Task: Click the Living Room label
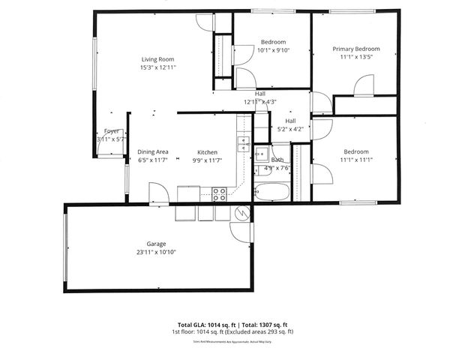[x=157, y=59]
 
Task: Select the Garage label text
[x=156, y=244]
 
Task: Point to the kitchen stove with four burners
[x=220, y=193]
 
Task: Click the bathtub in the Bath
[x=270, y=192]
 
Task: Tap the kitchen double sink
[x=244, y=144]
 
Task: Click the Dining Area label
[x=152, y=152]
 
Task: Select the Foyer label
[x=112, y=131]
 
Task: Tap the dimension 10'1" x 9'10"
[x=273, y=50]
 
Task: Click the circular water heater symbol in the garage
[x=242, y=213]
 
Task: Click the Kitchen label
[x=207, y=152]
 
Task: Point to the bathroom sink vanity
[x=261, y=155]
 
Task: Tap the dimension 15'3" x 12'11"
[x=157, y=67]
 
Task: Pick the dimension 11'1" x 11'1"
[x=356, y=159]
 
